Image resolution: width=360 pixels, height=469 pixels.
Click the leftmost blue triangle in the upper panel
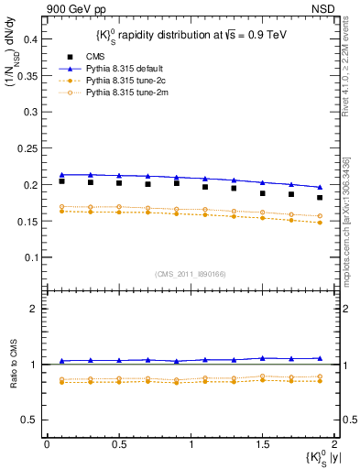click(61, 175)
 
